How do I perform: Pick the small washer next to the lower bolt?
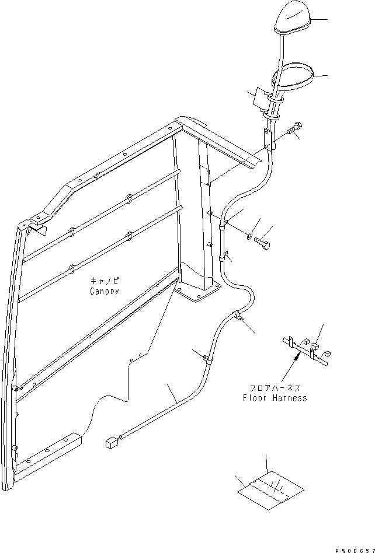click(x=250, y=235)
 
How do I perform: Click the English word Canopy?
click(x=105, y=290)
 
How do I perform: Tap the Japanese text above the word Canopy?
click(x=105, y=281)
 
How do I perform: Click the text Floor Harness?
click(x=275, y=398)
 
